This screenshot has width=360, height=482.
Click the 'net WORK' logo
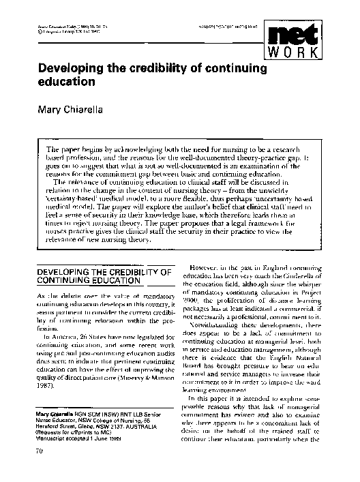point(316,42)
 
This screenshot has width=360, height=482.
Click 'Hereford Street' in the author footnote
point(50,421)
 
